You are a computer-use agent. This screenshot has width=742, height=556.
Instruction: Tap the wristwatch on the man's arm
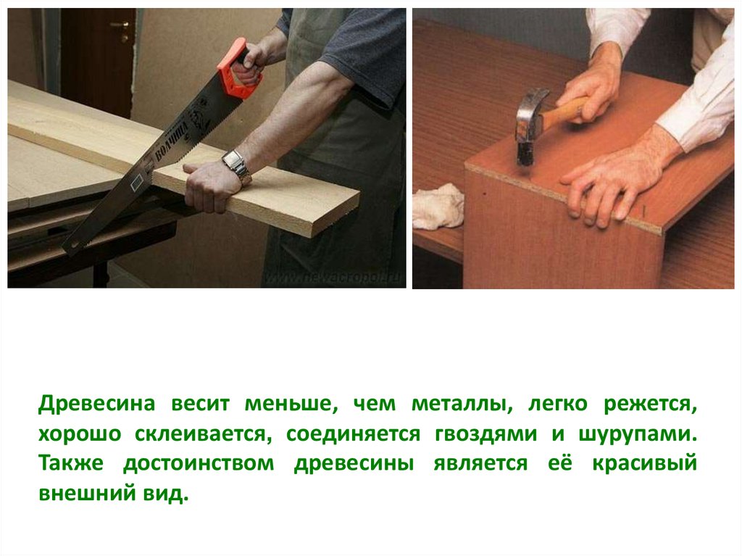coord(237,166)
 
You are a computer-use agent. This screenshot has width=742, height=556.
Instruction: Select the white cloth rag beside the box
coord(438,207)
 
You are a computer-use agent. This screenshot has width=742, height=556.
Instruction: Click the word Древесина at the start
coord(97,404)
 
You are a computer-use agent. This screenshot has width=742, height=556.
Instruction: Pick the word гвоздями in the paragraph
coord(486,435)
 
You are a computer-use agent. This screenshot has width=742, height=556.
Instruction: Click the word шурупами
coord(638,435)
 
